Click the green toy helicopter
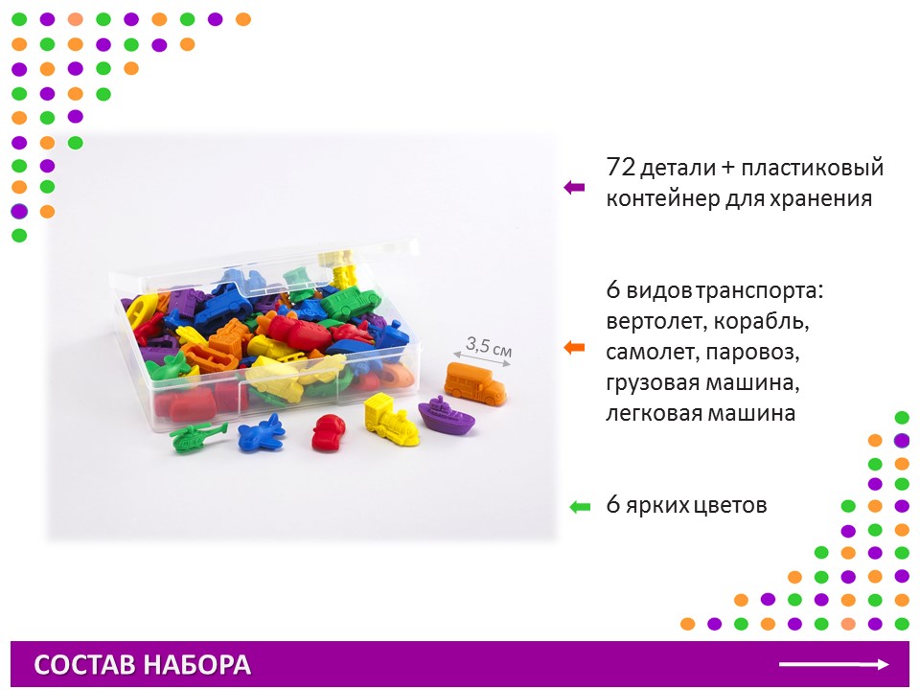point(196,436)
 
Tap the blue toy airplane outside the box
point(262,432)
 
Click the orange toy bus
point(475,383)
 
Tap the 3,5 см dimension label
point(489,347)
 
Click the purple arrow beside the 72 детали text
point(574,187)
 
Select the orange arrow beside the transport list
point(574,347)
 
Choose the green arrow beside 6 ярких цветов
point(580,506)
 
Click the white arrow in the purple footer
point(834,664)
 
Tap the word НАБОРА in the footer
point(197,665)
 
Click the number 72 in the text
point(621,167)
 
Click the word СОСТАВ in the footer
point(85,665)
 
